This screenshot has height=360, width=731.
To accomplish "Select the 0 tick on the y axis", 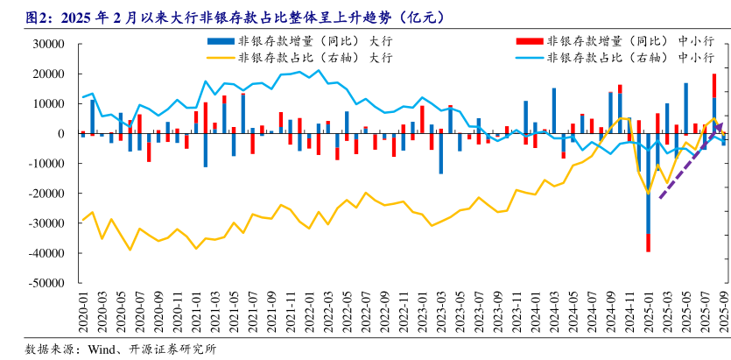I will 70,134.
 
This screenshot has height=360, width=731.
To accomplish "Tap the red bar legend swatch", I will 528,41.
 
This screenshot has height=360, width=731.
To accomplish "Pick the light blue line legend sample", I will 528,58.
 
